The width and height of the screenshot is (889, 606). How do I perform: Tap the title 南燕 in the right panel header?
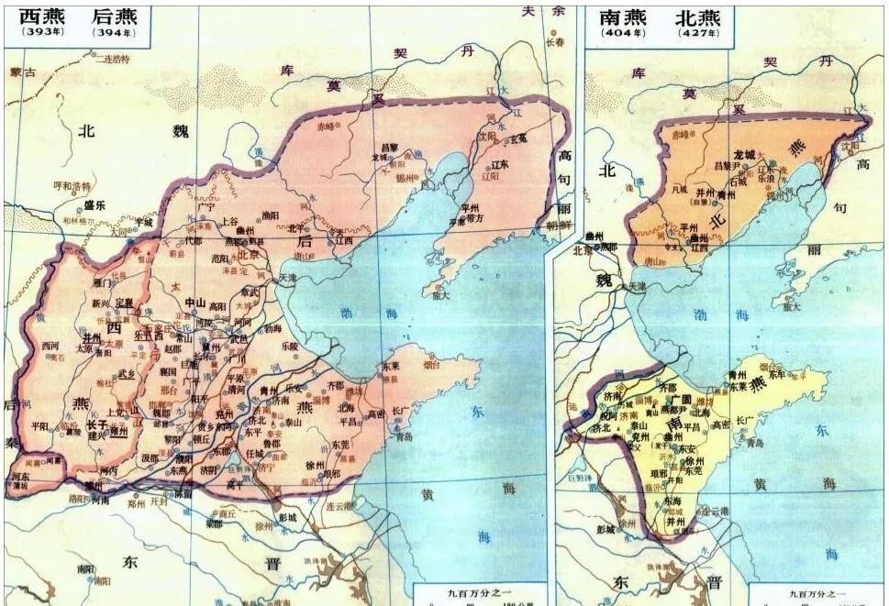tap(622, 17)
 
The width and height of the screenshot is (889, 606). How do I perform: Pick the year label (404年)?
tap(622, 34)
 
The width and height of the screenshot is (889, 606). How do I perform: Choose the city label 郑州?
tap(135, 503)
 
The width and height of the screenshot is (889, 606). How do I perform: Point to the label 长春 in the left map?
tap(556, 41)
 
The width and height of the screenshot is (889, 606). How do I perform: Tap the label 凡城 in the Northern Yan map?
tap(678, 189)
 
